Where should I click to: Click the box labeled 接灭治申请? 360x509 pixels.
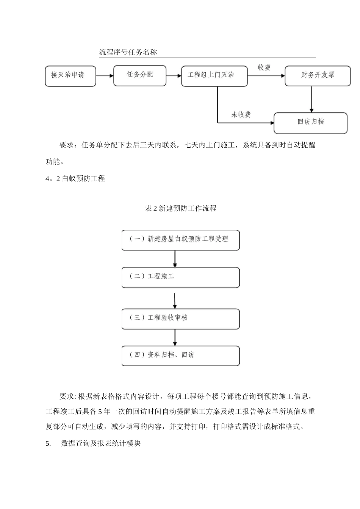point(70,76)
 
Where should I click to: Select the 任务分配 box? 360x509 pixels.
point(140,75)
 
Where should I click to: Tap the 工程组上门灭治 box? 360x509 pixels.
point(214,76)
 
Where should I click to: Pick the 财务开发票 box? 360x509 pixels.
point(318,76)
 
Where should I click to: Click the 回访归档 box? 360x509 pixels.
point(310,123)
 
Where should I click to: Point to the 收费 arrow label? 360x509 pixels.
point(264,68)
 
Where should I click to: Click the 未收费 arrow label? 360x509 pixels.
point(241,115)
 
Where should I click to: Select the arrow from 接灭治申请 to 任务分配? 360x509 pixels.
point(105,76)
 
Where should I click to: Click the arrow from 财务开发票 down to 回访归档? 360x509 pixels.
point(311,99)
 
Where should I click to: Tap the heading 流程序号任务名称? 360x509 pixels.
point(128,53)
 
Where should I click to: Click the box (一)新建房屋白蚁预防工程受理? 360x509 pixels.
point(180,240)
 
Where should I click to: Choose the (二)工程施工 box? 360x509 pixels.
point(180,277)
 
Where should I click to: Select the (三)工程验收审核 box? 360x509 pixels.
point(180,319)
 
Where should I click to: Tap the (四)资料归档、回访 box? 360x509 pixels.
point(180,356)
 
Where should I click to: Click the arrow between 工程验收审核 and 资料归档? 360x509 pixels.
point(175,337)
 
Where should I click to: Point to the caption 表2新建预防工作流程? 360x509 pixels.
point(180,208)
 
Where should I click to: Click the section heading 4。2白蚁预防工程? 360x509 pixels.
point(75,179)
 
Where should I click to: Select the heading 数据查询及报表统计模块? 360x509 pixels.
point(101,443)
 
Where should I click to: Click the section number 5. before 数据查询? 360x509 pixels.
point(48,443)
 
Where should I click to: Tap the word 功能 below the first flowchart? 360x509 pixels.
point(53,162)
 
